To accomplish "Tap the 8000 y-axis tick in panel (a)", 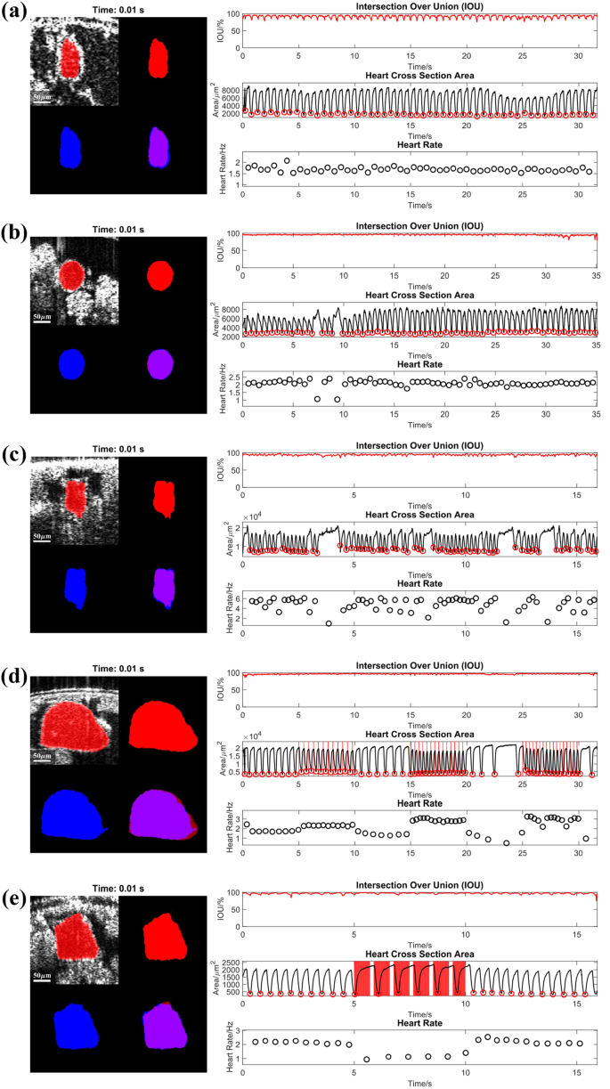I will (x=230, y=91).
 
